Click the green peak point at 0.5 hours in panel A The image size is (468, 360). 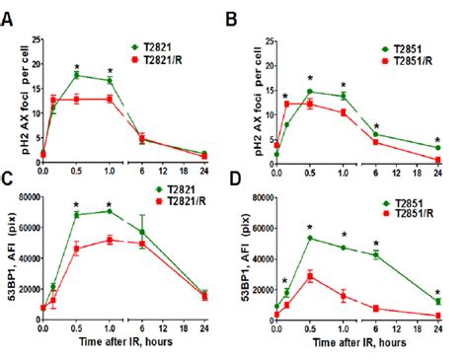76,75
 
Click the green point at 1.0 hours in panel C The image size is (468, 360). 110,211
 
